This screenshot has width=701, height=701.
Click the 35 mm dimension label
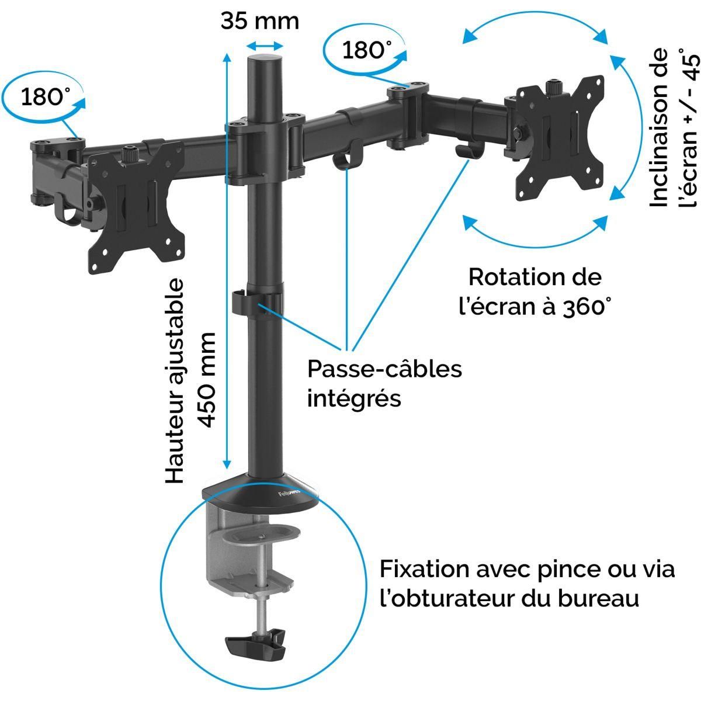pos(259,21)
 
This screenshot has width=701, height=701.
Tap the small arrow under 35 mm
pos(264,46)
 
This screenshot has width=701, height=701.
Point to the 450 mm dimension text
pos(207,380)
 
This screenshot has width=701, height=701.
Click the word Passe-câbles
pos(384,369)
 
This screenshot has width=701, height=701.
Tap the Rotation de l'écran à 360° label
pos(535,291)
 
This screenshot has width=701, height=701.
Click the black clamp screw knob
pos(255,643)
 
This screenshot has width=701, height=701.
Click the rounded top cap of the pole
pos(265,62)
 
